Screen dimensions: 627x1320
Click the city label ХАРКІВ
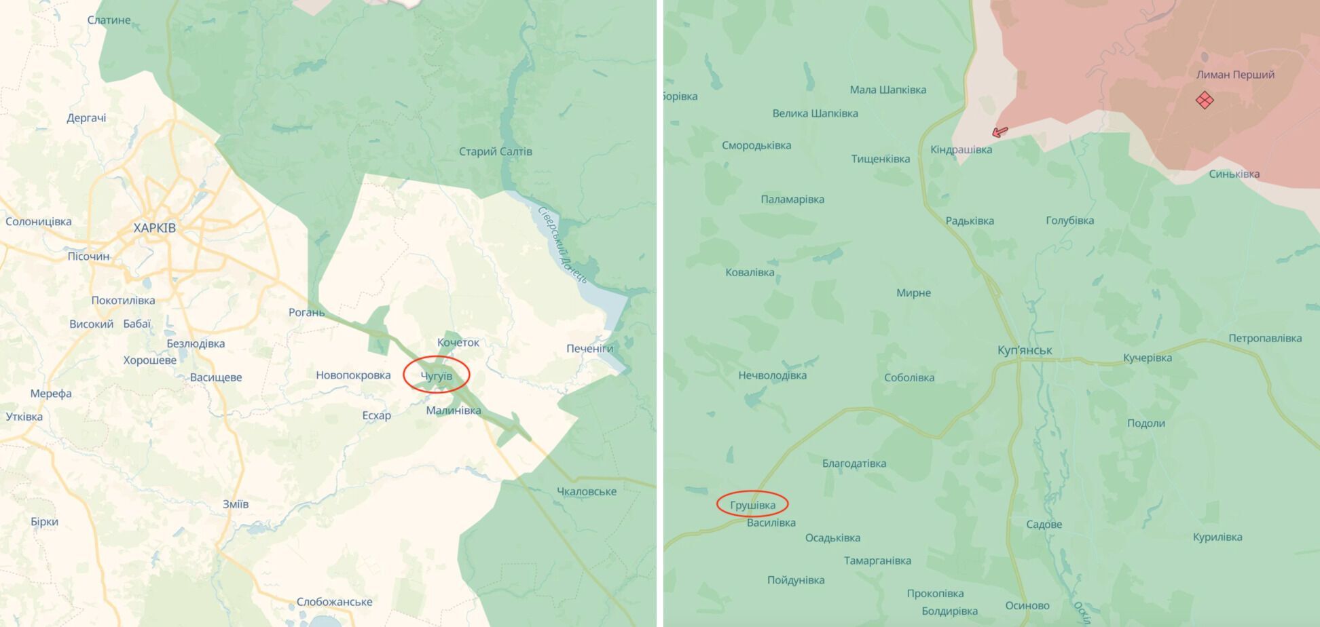[154, 228]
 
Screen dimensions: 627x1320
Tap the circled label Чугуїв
[436, 376]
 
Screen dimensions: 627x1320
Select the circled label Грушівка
[752, 505]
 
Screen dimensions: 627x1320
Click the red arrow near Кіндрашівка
[1000, 132]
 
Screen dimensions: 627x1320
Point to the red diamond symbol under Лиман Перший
[1205, 100]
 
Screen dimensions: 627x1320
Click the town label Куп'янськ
[1025, 350]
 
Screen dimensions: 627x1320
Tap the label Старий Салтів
[495, 151]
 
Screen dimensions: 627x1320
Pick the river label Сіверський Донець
[562, 244]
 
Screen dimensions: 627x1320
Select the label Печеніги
[589, 349]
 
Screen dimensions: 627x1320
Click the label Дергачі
[86, 118]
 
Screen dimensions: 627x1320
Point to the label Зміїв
[236, 504]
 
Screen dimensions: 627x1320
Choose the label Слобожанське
[334, 602]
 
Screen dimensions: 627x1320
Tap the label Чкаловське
[586, 491]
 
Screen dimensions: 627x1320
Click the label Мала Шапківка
[887, 90]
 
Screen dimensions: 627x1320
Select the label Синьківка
[1234, 174]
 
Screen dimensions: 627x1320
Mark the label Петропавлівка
[1265, 338]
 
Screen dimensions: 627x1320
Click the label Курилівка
[1217, 537]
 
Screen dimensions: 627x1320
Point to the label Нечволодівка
[772, 375]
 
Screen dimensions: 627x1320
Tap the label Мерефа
[51, 394]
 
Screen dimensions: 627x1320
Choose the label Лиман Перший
[1235, 75]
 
